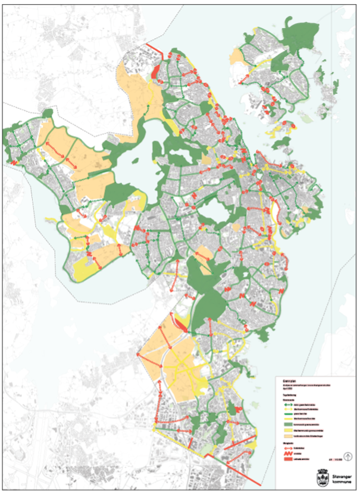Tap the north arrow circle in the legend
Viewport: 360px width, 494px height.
[x=348, y=457]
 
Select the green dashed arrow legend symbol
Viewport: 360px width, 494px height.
[x=287, y=404]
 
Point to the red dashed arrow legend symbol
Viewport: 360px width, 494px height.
[x=287, y=449]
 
